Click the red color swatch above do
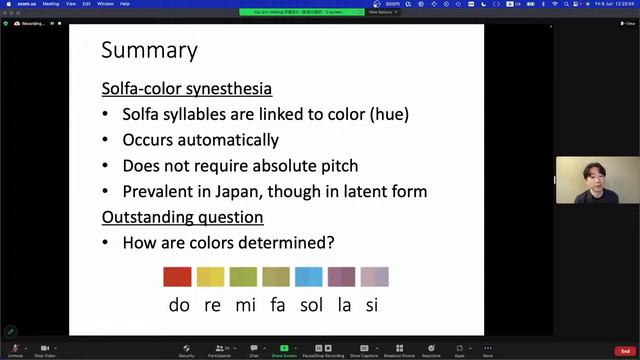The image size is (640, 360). [x=177, y=277]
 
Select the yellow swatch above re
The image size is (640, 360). [x=210, y=277]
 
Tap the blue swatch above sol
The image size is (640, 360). [x=309, y=277]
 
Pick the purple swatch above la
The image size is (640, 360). [x=341, y=277]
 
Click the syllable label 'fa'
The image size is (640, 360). [x=276, y=305]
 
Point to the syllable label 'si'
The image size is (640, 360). [x=371, y=305]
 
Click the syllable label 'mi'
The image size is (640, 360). [x=245, y=305]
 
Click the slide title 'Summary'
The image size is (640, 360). [x=150, y=51]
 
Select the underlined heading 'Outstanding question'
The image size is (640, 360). [x=183, y=217]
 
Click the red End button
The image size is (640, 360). [x=625, y=351]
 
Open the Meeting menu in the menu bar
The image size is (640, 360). [x=51, y=4]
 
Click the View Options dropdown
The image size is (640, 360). [x=381, y=12]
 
